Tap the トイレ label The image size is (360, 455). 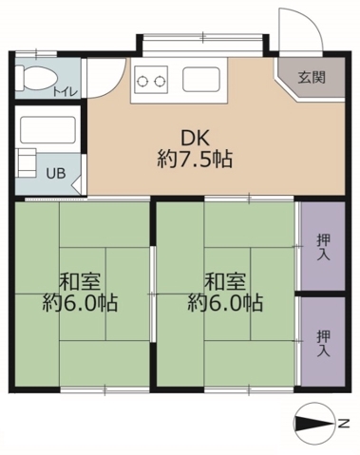click(66, 92)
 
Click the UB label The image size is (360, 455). click(58, 173)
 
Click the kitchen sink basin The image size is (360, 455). click(199, 79)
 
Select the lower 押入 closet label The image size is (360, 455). click(323, 342)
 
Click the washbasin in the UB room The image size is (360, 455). click(26, 161)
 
